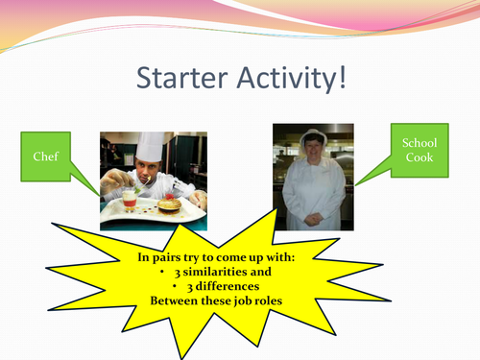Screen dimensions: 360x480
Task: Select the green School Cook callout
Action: coord(419,151)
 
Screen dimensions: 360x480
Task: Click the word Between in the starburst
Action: coord(174,301)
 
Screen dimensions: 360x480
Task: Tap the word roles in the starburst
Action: coord(270,301)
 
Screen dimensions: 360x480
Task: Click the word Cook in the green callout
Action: coord(419,159)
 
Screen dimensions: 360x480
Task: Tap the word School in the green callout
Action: coord(419,143)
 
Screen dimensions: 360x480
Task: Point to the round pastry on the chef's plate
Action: coord(170,204)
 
